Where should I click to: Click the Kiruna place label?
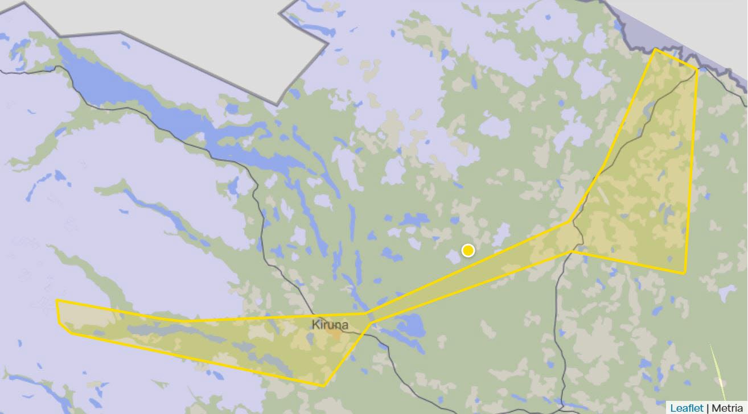(x=330, y=325)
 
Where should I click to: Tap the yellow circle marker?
(x=468, y=250)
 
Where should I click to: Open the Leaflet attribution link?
(x=687, y=408)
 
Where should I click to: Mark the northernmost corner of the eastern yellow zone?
(x=655, y=49)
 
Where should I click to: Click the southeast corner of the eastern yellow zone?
(x=684, y=273)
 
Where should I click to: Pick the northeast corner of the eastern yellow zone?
(x=697, y=70)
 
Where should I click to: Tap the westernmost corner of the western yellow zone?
(x=56, y=300)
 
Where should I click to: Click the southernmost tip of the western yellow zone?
(x=323, y=386)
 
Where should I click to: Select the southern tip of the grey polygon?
(x=277, y=105)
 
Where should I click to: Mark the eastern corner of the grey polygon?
(x=328, y=42)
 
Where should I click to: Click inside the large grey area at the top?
(x=171, y=28)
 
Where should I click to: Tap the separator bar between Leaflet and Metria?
(x=708, y=408)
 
